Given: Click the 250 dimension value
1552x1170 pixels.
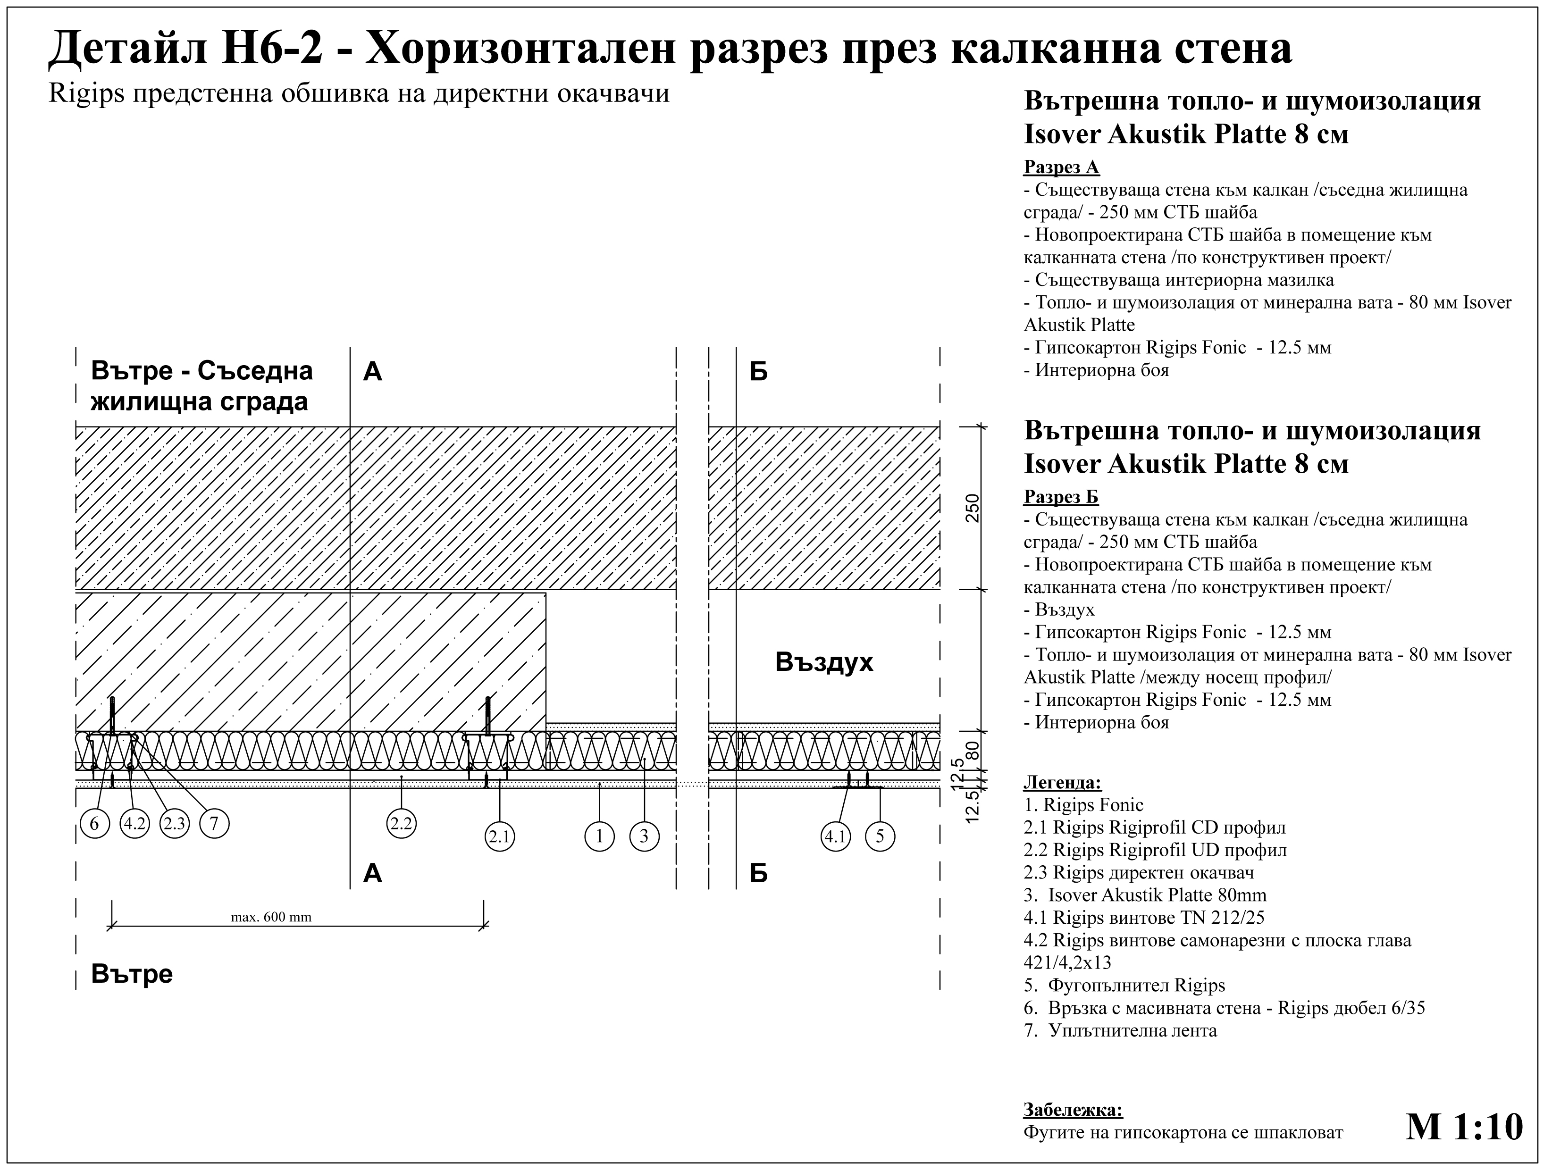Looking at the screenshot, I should point(973,508).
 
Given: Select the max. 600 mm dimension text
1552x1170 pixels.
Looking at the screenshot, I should point(271,917).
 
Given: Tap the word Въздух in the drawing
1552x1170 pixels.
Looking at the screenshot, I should point(824,662).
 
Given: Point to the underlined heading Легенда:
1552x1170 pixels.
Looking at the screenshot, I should point(1062,782).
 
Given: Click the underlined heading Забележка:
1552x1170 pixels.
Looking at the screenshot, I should point(1073,1110).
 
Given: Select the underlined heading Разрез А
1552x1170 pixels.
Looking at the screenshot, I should point(1061,167).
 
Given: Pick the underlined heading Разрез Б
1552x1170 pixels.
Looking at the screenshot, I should point(1061,497).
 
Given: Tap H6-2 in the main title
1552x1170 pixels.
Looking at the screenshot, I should point(272,49).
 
